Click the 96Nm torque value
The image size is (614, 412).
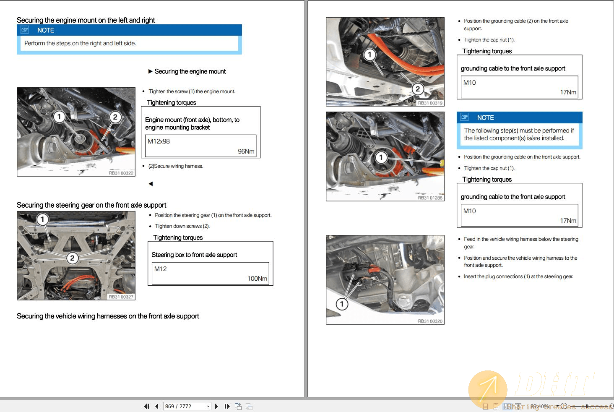pyautogui.click(x=246, y=151)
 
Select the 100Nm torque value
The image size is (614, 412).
pyautogui.click(x=257, y=279)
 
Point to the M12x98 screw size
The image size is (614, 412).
pyautogui.click(x=159, y=141)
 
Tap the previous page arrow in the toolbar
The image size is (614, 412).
pyautogui.click(x=156, y=406)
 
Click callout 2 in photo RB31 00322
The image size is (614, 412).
pyautogui.click(x=115, y=117)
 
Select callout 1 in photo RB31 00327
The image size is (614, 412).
pyautogui.click(x=42, y=219)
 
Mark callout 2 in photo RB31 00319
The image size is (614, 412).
pyautogui.click(x=417, y=89)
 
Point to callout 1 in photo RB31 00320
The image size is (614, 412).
pyautogui.click(x=342, y=304)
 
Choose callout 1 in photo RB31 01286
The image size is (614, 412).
pyautogui.click(x=381, y=158)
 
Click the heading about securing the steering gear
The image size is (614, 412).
pyautogui.click(x=91, y=205)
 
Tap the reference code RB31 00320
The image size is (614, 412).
pyautogui.click(x=430, y=321)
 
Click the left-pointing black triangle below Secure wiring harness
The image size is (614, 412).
pyautogui.click(x=151, y=184)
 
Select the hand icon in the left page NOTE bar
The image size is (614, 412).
pyautogui.click(x=25, y=30)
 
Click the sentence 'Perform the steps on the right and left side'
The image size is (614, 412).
pyautogui.click(x=80, y=43)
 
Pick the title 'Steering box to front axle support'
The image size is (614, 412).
pyautogui.click(x=194, y=255)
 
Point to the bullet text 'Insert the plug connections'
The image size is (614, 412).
pyautogui.click(x=518, y=276)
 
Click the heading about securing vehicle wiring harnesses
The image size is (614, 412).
pyautogui.click(x=108, y=316)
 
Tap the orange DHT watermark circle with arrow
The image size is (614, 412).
pyautogui.click(x=487, y=390)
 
